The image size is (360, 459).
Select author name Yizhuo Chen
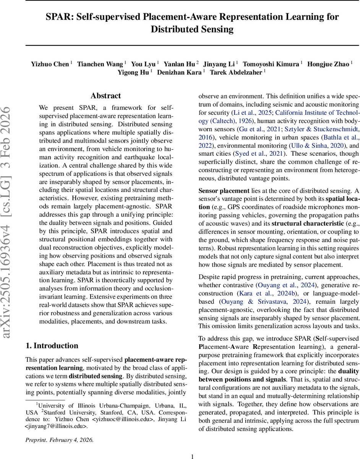50,64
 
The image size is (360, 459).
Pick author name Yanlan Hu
179,64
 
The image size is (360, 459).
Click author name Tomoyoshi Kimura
271,64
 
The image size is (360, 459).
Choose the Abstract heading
106,96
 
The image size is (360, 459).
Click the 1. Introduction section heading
52,346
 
